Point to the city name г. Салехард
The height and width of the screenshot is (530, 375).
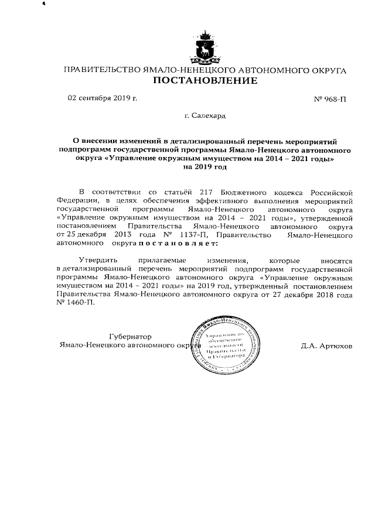[204, 117]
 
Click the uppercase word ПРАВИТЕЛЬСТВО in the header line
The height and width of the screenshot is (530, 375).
[102, 70]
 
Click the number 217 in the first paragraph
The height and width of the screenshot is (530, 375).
[197, 193]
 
